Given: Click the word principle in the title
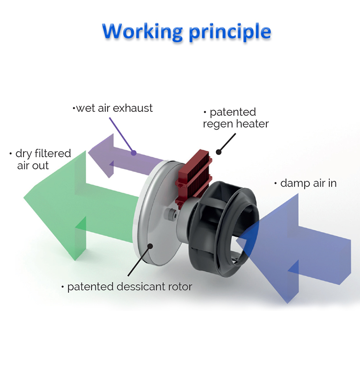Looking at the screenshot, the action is [230, 33].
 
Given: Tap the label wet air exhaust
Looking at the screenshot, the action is [113, 108].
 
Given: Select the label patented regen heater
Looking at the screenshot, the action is [236, 118].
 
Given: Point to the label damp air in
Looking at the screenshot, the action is [305, 183].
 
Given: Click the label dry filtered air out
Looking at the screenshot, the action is [40, 159].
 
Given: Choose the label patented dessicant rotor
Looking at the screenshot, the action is [127, 287].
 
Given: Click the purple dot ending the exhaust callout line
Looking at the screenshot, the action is [133, 153].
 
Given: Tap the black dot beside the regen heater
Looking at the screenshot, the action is [218, 152].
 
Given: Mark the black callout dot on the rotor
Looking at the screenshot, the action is [150, 246].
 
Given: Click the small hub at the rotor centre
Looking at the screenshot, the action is [171, 214].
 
